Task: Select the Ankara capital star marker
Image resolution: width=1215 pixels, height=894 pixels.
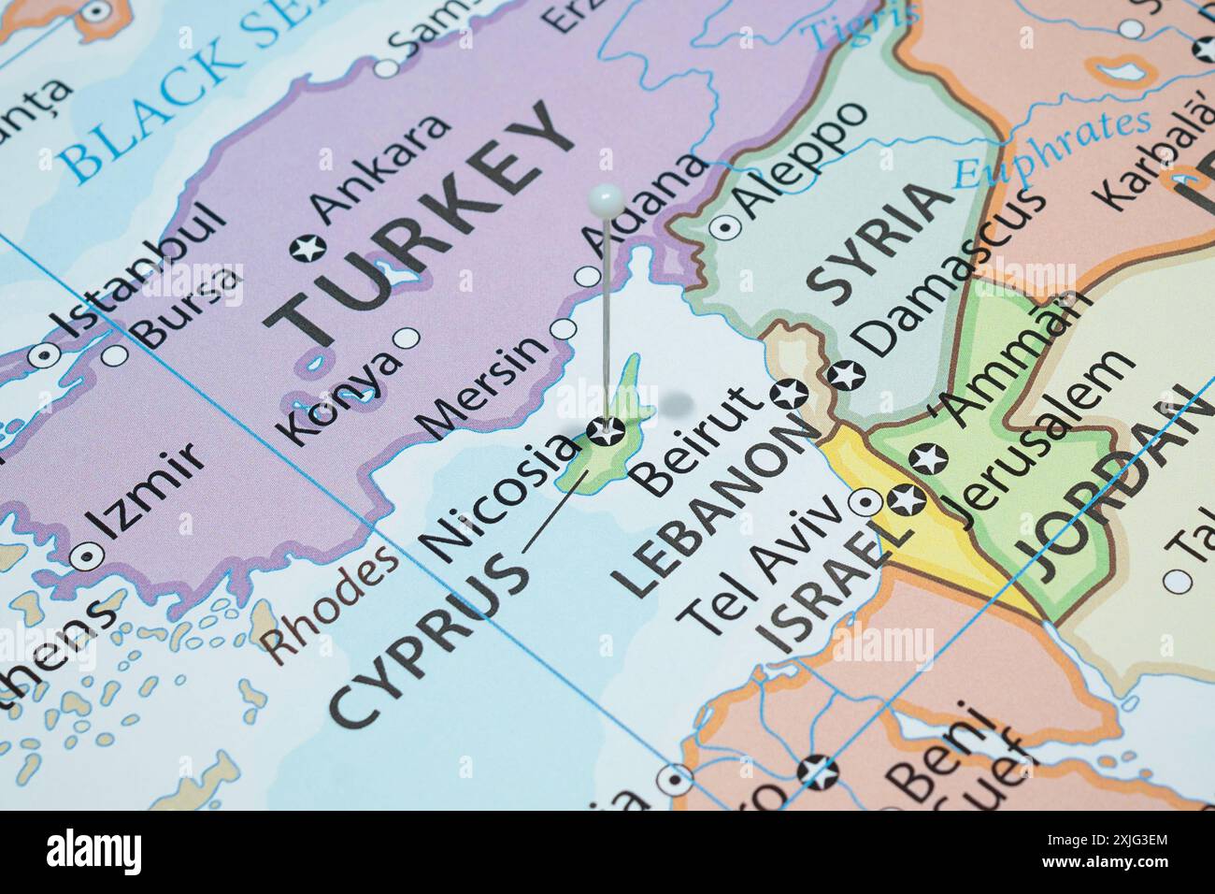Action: tap(304, 249)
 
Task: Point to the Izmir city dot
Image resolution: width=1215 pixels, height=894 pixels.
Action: tap(88, 555)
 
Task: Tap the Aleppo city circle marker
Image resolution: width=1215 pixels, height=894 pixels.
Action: tap(724, 226)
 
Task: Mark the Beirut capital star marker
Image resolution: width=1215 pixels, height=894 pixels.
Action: tap(791, 394)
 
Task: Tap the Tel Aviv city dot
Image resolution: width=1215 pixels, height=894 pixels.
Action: tap(865, 505)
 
